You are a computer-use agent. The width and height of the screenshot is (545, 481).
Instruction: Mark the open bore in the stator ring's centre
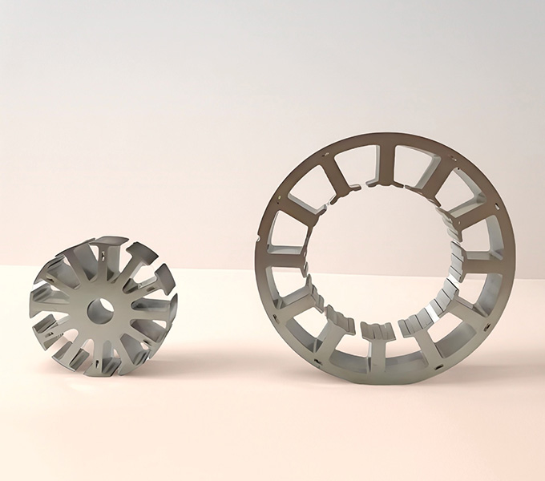tap(385, 257)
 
